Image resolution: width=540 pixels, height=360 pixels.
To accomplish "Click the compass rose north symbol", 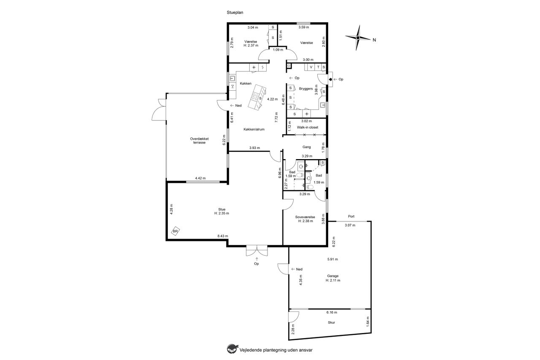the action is (358, 38).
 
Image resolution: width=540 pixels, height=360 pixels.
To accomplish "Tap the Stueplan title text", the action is (235, 13).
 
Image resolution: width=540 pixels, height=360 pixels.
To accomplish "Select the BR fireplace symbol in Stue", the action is (175, 231).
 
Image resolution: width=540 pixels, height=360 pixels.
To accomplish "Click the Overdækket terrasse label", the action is (200, 141).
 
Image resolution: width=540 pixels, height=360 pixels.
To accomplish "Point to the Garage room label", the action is (333, 276).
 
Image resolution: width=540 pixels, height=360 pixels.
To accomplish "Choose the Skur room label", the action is (331, 322).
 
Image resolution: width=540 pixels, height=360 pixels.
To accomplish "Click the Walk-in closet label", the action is (308, 127).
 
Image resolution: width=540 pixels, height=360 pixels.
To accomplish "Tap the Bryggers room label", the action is (306, 89).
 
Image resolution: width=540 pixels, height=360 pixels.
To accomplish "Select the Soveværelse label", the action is (305, 217).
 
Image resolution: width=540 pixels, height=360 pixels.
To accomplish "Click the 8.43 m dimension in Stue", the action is (222, 236).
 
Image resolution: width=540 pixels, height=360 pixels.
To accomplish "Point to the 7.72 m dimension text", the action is (276, 117).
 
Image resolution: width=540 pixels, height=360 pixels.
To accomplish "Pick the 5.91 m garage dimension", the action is (332, 260).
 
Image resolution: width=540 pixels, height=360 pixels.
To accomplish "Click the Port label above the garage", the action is (351, 216).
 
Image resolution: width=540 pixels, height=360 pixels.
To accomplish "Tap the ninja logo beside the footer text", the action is (232, 349).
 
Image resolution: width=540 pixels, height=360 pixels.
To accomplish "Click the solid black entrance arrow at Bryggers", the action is (330, 79).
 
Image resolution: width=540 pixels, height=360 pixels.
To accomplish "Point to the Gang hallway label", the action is (306, 147).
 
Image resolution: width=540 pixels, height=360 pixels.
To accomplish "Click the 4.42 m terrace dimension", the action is (200, 178).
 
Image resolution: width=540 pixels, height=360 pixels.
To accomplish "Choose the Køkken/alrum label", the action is (254, 129).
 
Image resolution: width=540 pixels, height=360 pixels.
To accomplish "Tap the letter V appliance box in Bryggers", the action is (311, 67).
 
